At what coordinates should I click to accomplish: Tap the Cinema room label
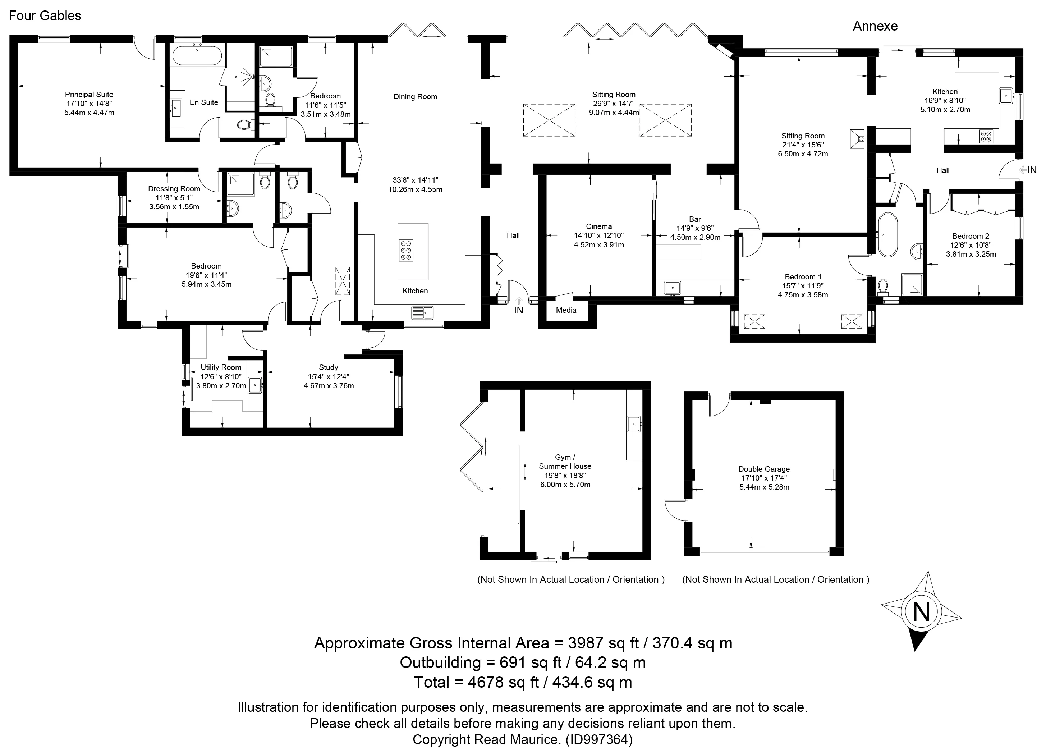coord(598,226)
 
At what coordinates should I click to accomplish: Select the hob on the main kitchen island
coord(406,251)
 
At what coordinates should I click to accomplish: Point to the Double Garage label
coord(764,469)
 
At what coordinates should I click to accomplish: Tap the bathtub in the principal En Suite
coord(197,56)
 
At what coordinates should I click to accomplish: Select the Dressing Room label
coord(174,189)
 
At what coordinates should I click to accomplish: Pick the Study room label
coord(329,367)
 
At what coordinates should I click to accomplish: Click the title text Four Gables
coord(45,16)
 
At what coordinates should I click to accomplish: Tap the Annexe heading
coord(875,26)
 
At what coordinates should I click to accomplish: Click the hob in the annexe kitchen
coord(986,137)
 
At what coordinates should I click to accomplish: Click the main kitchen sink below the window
coord(422,312)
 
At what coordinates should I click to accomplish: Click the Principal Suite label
coord(89,95)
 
